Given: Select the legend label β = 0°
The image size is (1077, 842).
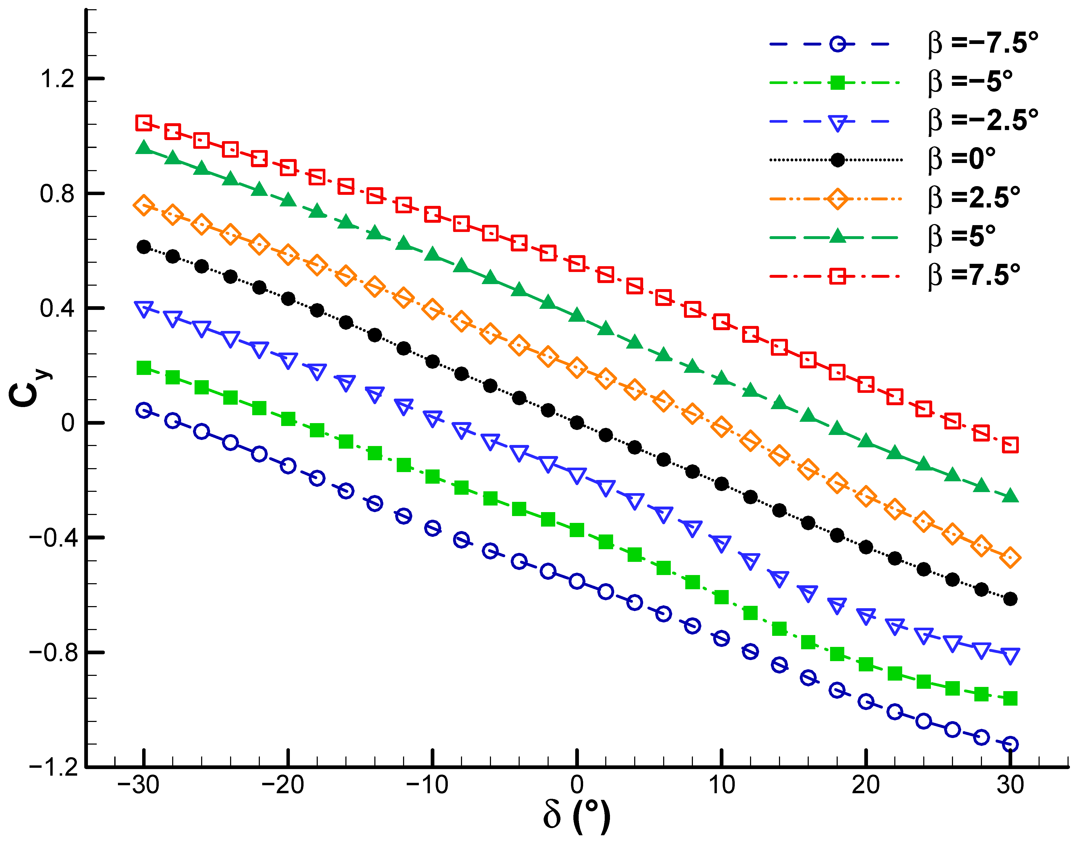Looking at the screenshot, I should [962, 159].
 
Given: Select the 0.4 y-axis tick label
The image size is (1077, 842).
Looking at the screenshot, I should [57, 308].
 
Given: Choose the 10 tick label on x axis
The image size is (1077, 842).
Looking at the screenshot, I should [721, 784].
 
